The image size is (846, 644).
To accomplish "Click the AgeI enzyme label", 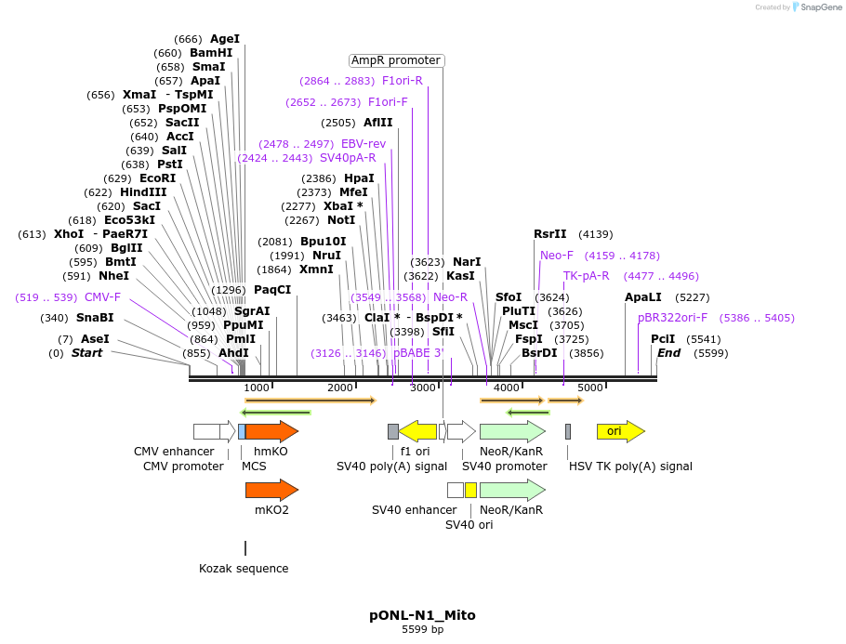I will tap(224, 39).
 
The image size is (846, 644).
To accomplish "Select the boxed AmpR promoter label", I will tap(396, 60).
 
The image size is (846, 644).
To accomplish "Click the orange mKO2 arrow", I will tap(271, 490).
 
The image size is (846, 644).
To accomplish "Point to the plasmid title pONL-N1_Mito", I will tap(422, 615).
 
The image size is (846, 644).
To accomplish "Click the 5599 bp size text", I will tap(422, 630).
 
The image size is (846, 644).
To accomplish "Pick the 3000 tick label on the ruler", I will tap(424, 388).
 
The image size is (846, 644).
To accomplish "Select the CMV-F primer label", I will tap(102, 297).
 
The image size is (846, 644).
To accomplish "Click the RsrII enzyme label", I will tap(549, 234).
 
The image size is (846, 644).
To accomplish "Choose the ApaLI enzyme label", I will tap(642, 297).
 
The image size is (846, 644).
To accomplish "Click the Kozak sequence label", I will tap(244, 569).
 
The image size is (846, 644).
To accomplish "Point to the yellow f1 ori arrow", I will tap(417, 431).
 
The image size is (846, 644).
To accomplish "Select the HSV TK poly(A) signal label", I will tap(630, 467).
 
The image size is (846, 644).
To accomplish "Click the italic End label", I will tap(668, 353).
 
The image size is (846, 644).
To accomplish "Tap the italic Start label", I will tap(86, 353).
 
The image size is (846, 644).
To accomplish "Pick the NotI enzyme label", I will tap(341, 220).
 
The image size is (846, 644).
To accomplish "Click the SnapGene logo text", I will tap(819, 7).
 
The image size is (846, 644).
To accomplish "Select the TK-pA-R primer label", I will tap(586, 276).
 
